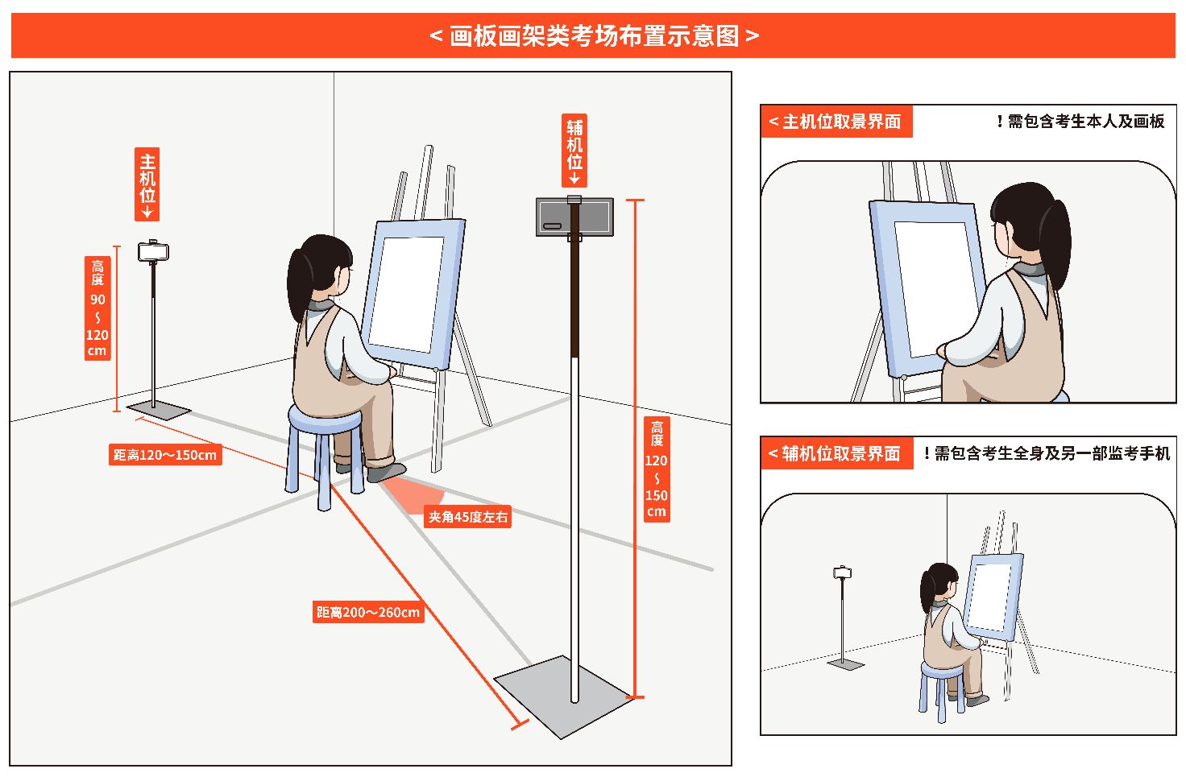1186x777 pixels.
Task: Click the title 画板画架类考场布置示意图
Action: tap(594, 36)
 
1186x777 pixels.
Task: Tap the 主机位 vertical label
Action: tap(147, 184)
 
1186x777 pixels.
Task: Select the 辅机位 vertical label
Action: tap(574, 151)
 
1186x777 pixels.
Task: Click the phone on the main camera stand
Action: tap(154, 251)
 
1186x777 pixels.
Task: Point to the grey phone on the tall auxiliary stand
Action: tap(574, 217)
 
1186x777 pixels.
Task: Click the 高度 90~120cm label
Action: tap(97, 308)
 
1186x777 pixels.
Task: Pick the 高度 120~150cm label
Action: tap(657, 469)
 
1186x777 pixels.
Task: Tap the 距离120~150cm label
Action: tap(165, 455)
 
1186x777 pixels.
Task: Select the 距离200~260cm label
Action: tap(368, 612)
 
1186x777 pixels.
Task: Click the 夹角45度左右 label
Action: tap(467, 517)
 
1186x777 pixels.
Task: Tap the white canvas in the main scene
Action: tap(407, 294)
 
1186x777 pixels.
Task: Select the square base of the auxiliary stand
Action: tap(565, 696)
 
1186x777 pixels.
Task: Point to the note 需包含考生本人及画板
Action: tap(1085, 122)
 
